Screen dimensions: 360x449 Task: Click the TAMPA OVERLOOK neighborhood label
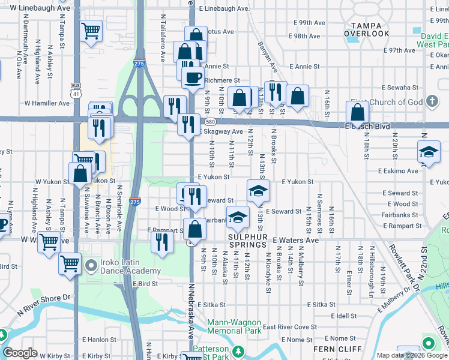[x=366, y=29]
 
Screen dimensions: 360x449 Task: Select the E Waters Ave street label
[x=295, y=240]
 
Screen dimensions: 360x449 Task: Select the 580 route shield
[x=195, y=122]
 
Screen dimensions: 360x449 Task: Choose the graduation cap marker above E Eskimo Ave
[x=430, y=152]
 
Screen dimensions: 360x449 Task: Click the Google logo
[x=20, y=353]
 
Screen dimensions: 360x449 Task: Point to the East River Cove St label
[x=289, y=327]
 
